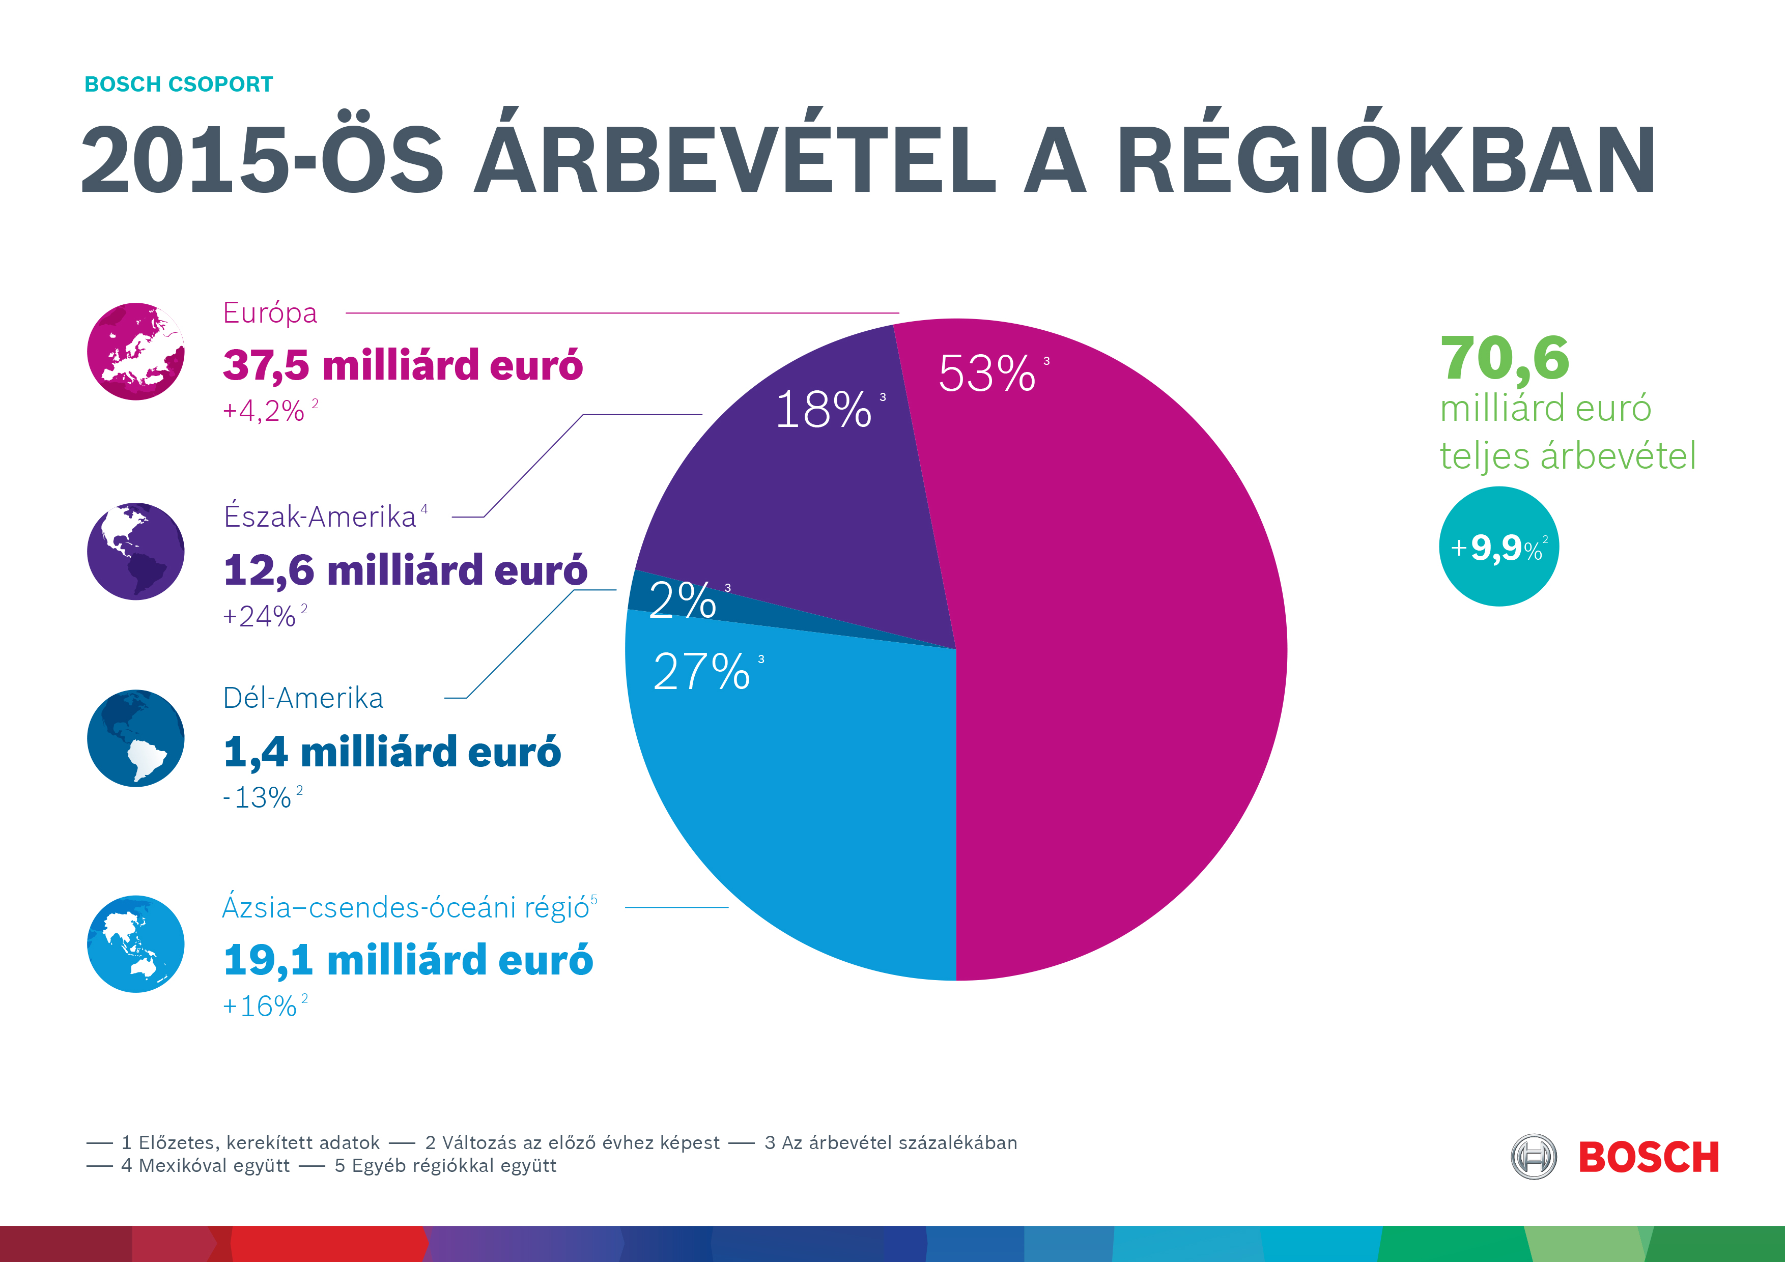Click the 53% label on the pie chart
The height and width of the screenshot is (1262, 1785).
tap(987, 374)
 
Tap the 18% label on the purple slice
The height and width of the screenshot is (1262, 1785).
tap(824, 410)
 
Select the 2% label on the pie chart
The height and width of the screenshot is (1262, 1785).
tap(683, 600)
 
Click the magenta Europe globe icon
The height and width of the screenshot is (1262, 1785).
tap(136, 351)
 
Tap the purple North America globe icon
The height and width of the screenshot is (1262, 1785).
tap(136, 551)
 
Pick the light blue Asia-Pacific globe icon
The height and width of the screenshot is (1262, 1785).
tap(136, 943)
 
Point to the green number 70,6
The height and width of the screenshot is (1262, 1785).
tap(1505, 358)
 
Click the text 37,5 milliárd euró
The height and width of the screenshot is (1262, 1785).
tap(403, 365)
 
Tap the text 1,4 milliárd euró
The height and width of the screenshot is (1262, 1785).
tap(392, 752)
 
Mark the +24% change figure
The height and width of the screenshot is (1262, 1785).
tap(260, 616)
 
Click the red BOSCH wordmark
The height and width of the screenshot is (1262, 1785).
tap(1648, 1158)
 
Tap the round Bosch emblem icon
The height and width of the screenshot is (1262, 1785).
tap(1533, 1157)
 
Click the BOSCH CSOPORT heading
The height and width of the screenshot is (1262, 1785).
tap(179, 84)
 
